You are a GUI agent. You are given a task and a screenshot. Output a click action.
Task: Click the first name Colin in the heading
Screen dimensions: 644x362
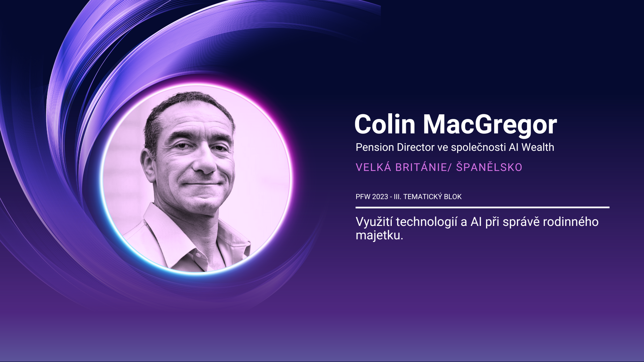[385, 124]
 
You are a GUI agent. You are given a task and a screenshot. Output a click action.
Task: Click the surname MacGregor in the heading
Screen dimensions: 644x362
[490, 125]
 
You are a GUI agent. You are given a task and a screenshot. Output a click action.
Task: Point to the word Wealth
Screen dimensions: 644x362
[538, 147]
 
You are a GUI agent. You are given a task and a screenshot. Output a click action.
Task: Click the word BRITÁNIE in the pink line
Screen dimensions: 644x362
[421, 167]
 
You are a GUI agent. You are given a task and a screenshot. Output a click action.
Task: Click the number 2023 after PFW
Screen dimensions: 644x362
[380, 197]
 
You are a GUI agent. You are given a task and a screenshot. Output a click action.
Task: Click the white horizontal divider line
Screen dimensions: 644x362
[482, 207]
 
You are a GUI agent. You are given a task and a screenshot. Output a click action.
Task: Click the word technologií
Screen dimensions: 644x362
[427, 222]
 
